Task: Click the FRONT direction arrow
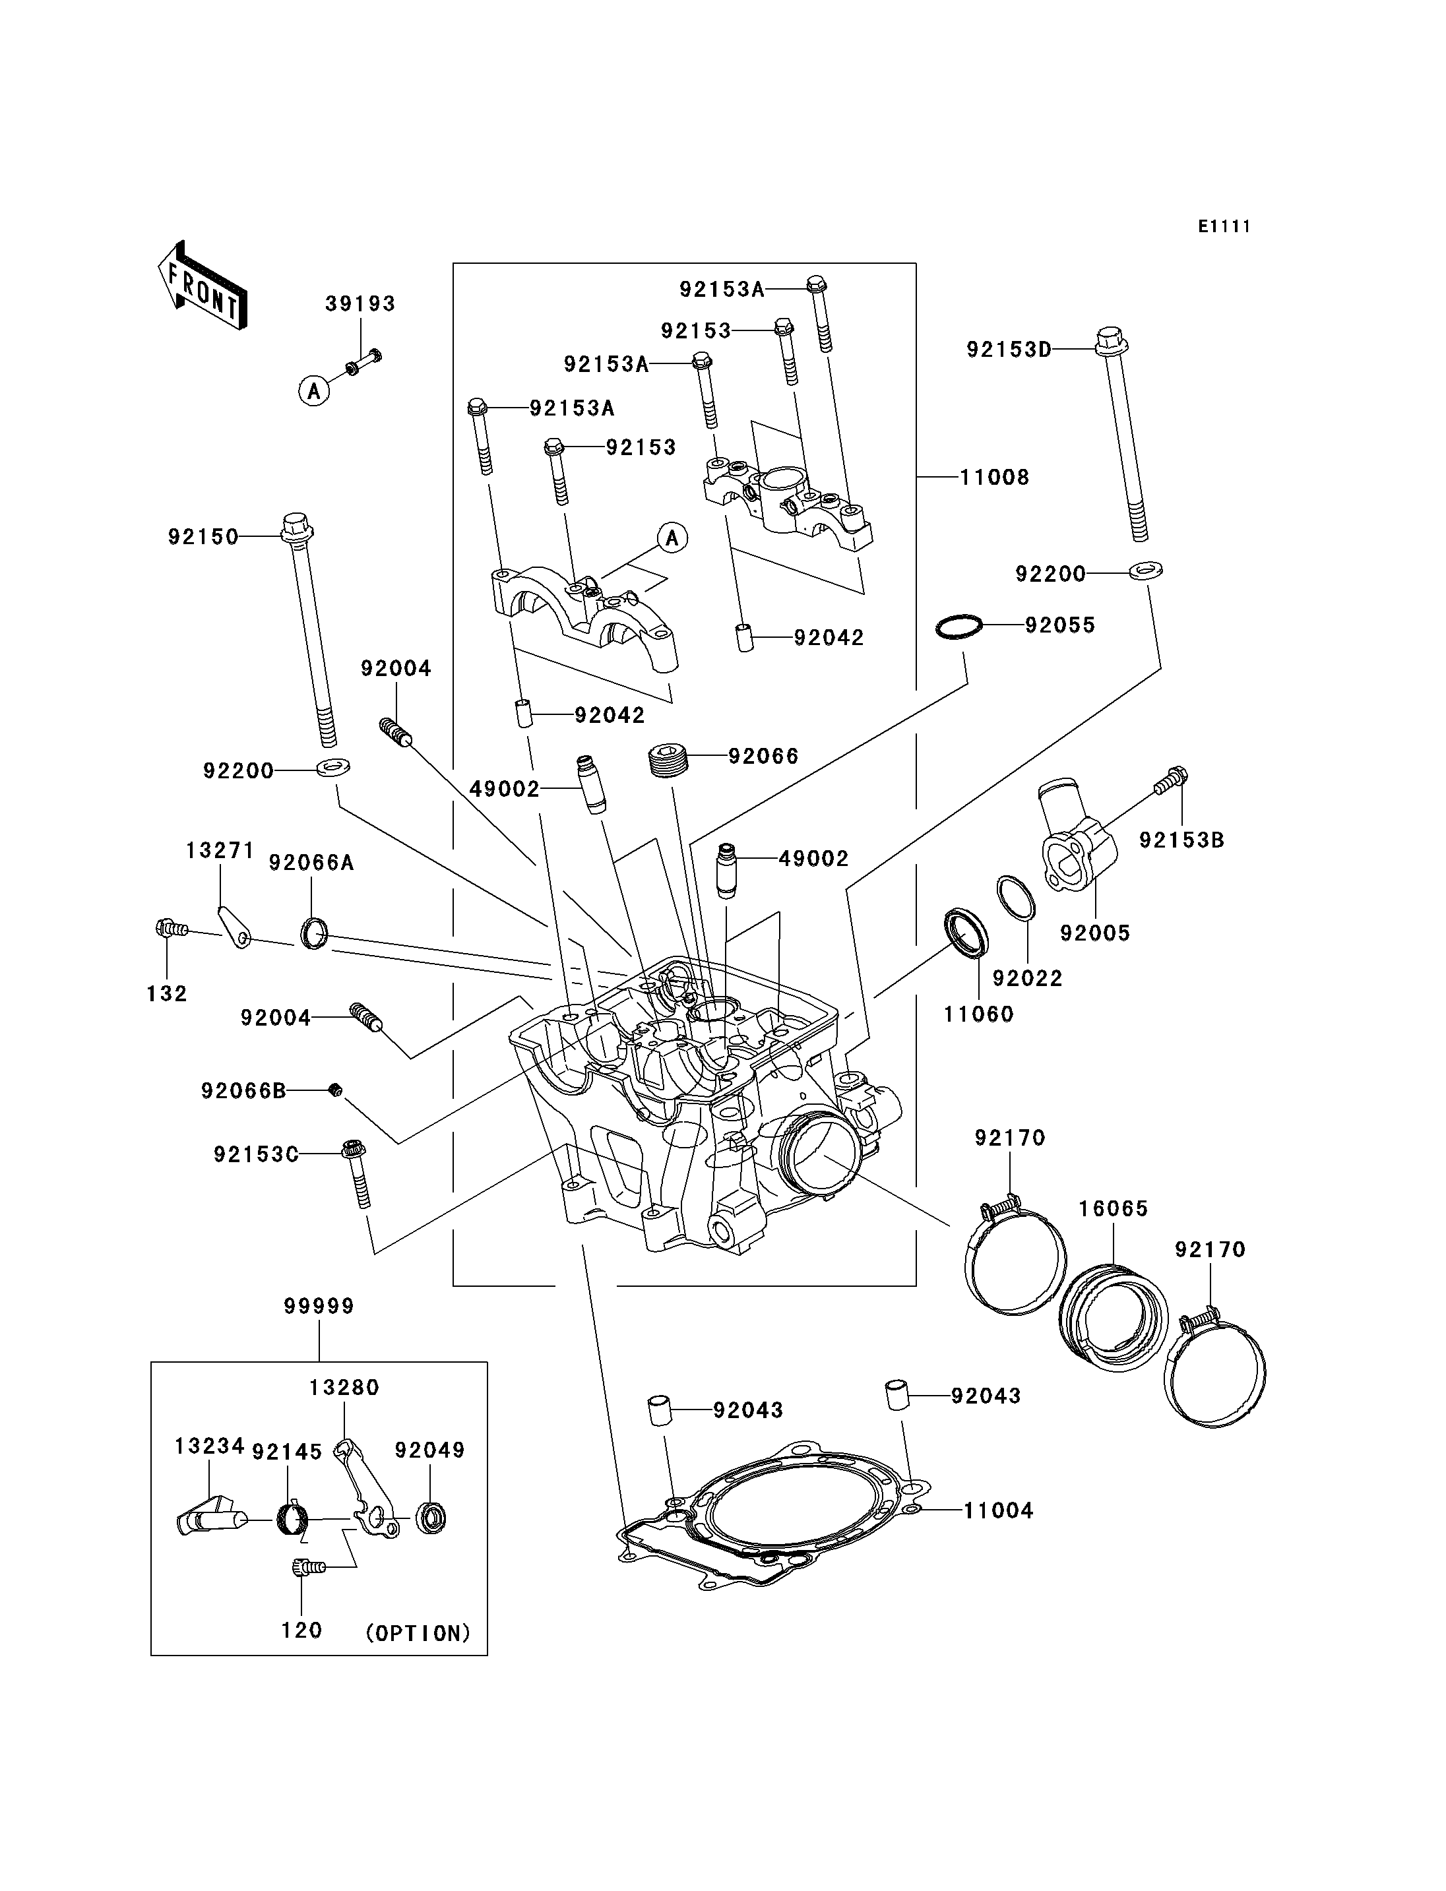click(203, 286)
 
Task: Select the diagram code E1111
click(1224, 226)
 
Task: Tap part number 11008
click(994, 478)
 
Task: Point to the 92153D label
click(1009, 350)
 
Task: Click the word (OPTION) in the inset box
click(418, 1634)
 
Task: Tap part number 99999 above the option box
click(319, 1307)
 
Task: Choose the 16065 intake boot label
click(1114, 1209)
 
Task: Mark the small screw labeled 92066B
click(336, 1092)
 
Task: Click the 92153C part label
click(257, 1155)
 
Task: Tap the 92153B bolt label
click(1181, 840)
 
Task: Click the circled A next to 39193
click(314, 392)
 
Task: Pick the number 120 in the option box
click(301, 1631)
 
